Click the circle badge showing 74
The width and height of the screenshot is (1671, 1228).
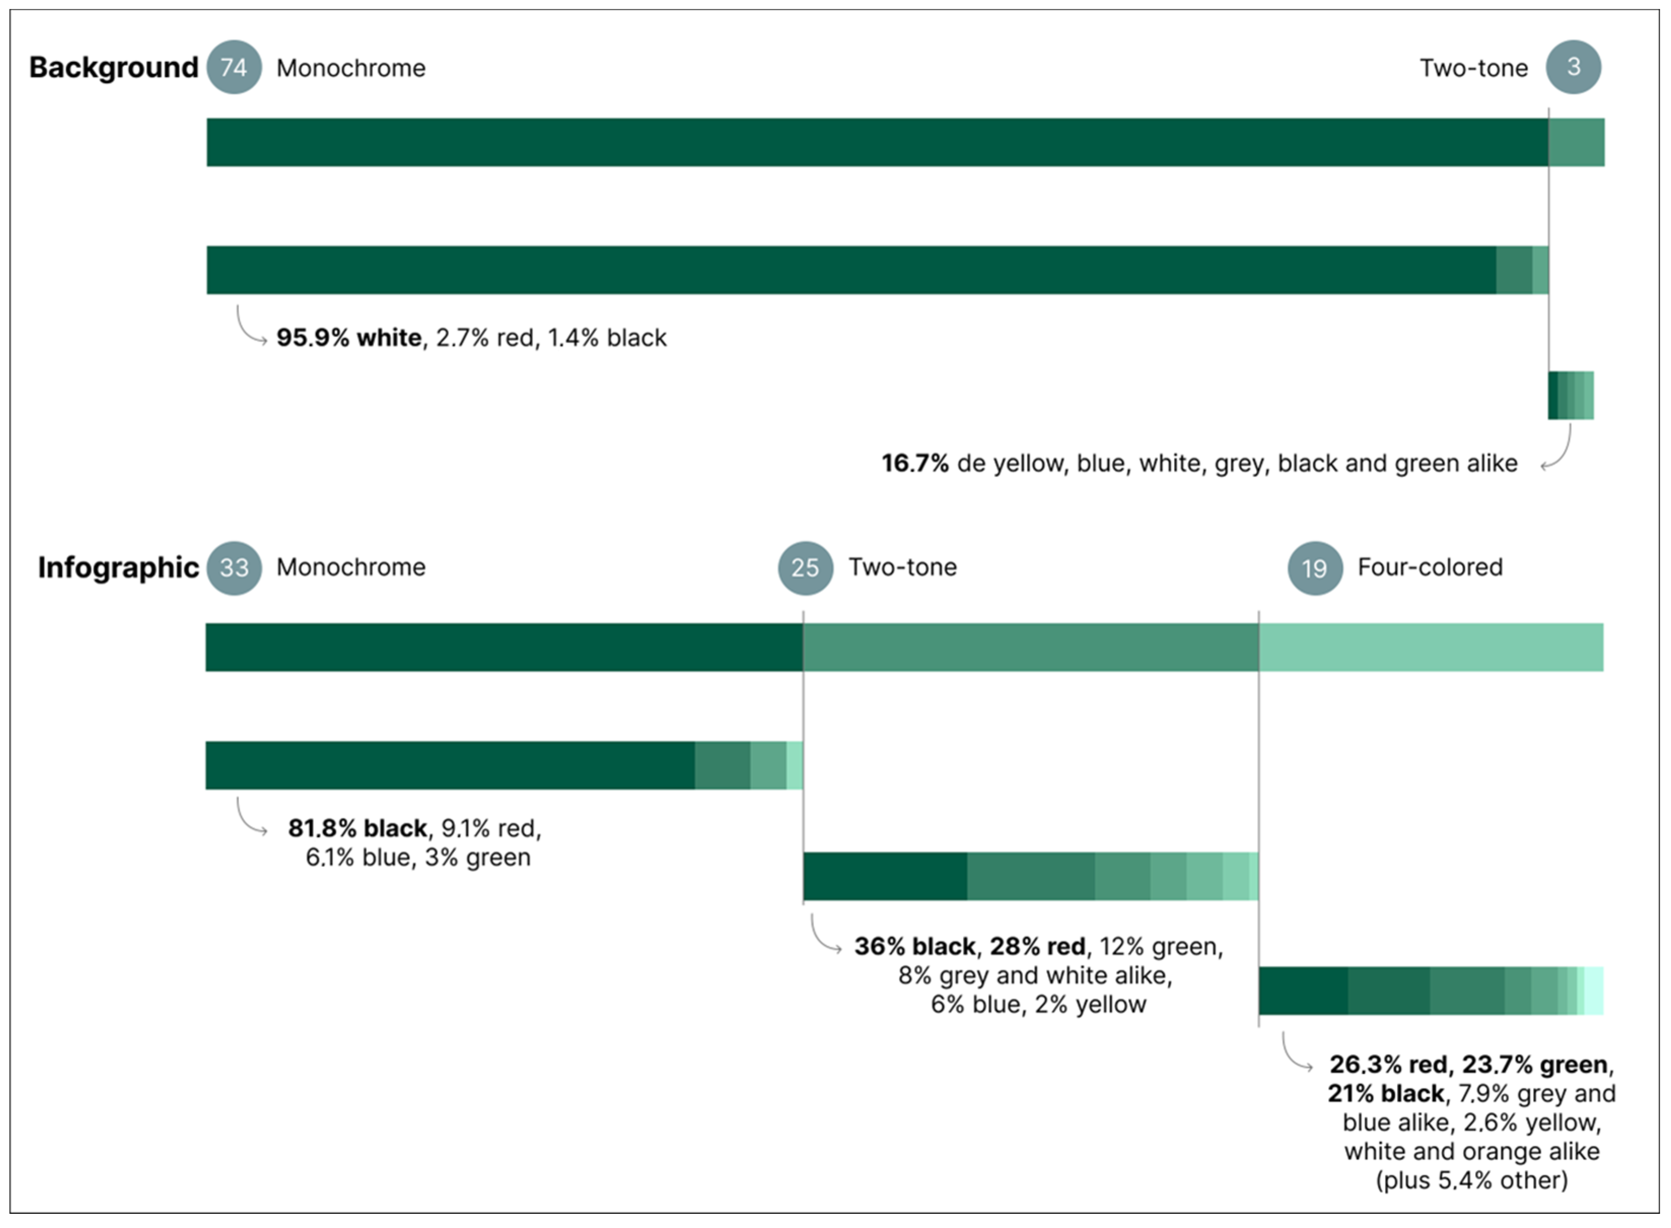tap(234, 67)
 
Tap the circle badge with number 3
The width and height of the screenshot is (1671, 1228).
tap(1573, 67)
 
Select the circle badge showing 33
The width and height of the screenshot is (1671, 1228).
tap(234, 568)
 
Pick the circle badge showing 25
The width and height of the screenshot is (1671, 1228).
tap(805, 568)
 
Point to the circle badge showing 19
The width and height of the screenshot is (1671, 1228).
tap(1315, 568)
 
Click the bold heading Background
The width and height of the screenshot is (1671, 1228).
tap(114, 67)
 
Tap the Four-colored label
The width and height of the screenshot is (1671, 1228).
tap(1430, 567)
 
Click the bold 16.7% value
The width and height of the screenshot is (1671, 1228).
tap(915, 463)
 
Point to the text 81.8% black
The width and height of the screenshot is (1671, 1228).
tap(358, 828)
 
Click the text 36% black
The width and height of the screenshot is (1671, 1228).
tap(915, 946)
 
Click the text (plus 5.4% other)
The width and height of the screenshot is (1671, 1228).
tap(1472, 1180)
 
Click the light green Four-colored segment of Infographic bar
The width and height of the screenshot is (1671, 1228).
tap(1432, 647)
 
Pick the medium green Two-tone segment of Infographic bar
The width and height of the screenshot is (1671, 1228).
tap(1031, 647)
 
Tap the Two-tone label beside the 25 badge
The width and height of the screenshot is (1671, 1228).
tap(903, 567)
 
